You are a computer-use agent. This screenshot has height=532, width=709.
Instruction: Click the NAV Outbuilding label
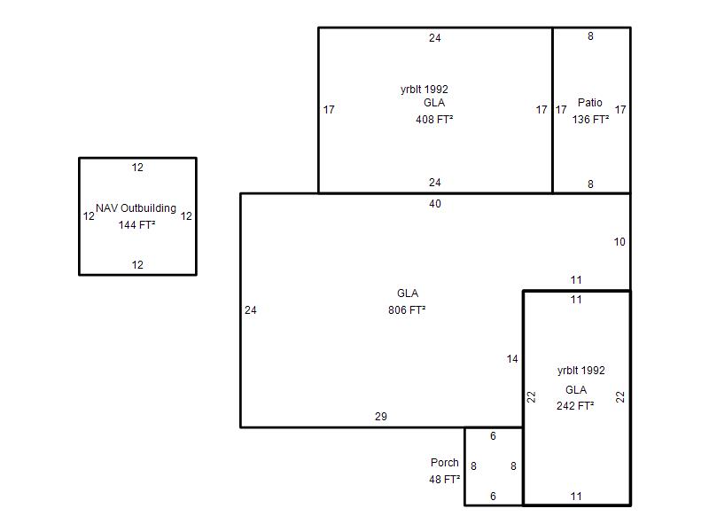coord(136,208)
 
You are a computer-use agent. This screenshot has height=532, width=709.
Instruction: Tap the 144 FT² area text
coord(136,225)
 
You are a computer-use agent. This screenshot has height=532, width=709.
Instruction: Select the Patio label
coord(589,103)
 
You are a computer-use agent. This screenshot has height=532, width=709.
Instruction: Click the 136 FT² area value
coord(590,119)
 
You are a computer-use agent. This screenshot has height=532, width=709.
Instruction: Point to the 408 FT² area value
coord(434,119)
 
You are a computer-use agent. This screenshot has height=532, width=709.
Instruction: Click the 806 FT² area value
coord(407,310)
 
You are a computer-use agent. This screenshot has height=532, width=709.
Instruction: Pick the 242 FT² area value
coord(575,406)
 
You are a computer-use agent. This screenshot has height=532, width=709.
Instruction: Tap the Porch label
coord(445,463)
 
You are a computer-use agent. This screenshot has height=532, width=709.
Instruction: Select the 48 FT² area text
coord(444,479)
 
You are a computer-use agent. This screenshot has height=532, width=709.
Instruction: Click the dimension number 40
coord(434,204)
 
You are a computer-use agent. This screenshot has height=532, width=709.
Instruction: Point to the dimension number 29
coord(381,417)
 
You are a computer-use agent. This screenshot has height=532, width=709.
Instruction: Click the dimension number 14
coord(512,359)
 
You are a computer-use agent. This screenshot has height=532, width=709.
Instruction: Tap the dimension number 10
coord(619,242)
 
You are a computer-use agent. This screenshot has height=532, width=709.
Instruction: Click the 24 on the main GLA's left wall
coord(251,310)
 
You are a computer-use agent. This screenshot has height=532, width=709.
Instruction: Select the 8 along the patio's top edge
coord(591,36)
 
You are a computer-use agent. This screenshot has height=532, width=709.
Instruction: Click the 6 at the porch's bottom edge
coord(494,497)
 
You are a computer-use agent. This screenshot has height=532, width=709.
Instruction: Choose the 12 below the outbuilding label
coord(137,265)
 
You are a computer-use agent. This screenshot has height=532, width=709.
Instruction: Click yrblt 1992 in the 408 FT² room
coord(425,90)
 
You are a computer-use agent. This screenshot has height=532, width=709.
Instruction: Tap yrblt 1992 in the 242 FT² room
coord(581,371)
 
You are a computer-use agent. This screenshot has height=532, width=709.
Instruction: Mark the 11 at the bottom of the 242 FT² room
coord(576,497)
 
